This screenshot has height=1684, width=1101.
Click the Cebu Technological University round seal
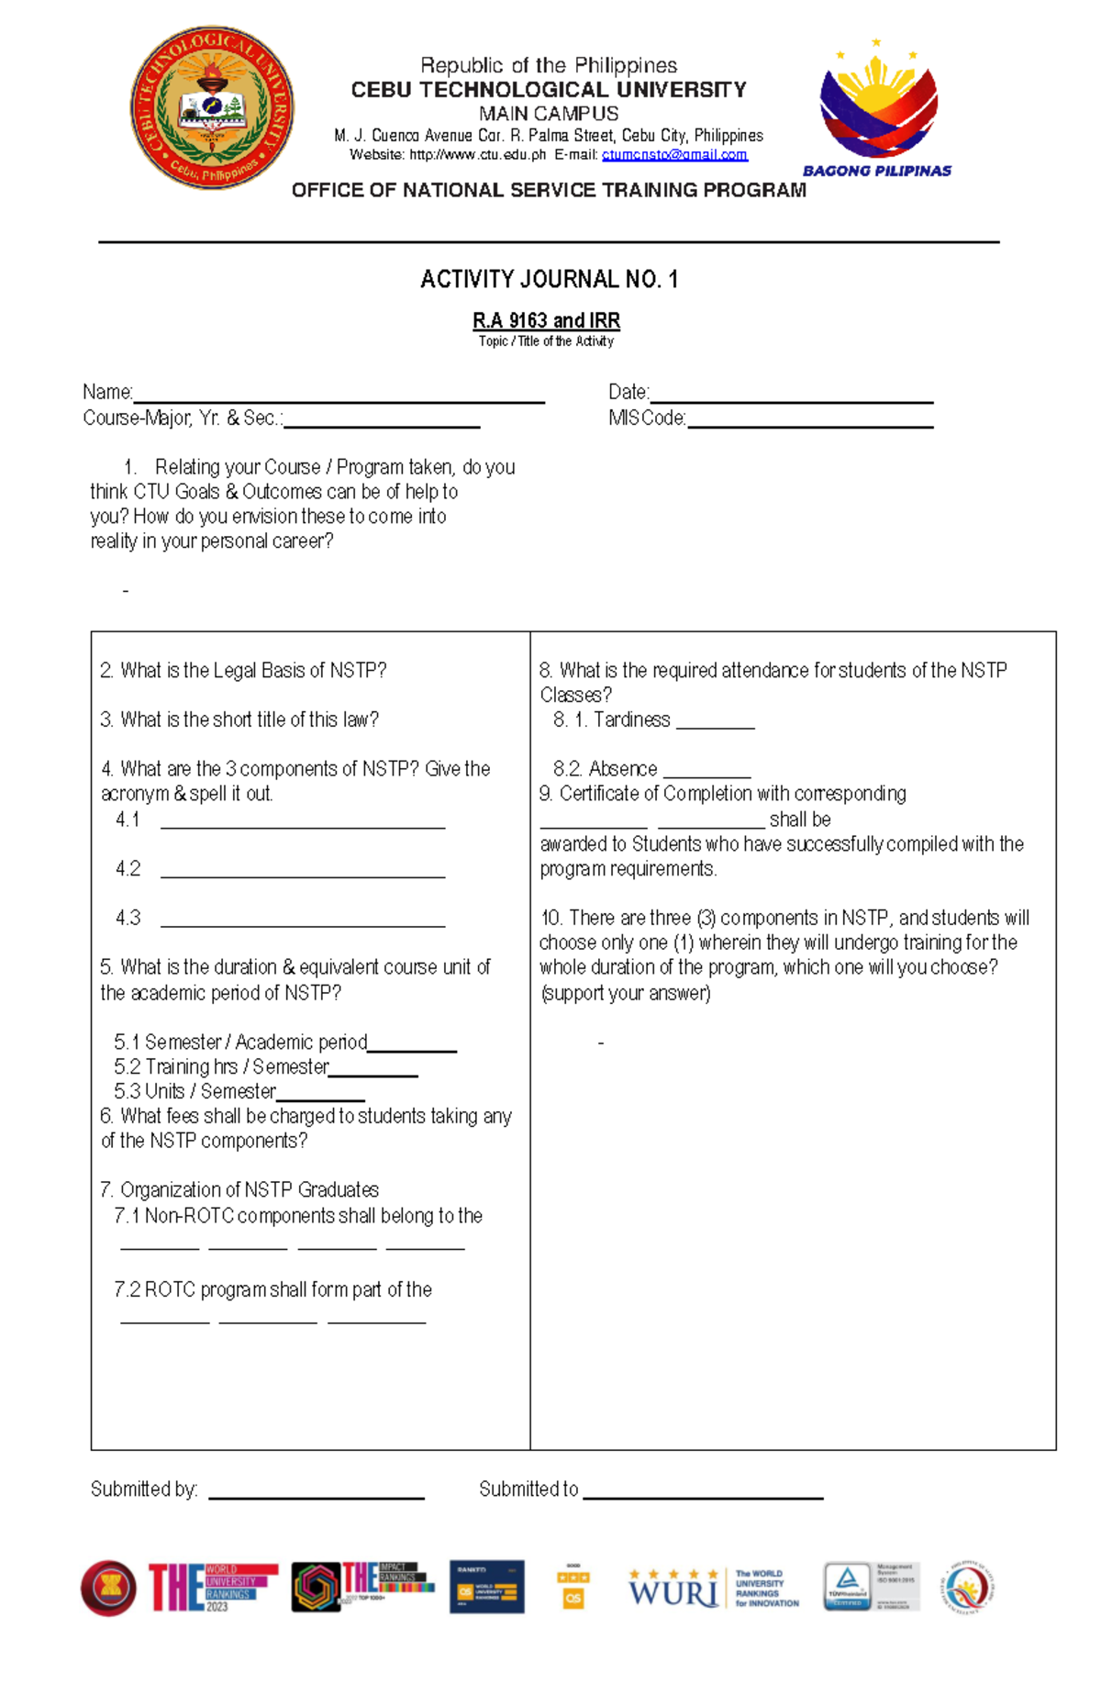coord(212,107)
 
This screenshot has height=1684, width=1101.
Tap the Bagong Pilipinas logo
coord(878,110)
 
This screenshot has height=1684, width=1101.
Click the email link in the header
coord(674,155)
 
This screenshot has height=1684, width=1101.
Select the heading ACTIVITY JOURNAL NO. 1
coord(549,279)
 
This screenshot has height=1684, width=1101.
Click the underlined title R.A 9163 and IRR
coord(546,320)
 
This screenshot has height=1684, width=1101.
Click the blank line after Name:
coord(339,396)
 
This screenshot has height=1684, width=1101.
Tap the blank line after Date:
coord(791,396)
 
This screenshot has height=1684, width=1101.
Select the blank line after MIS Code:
coord(809,422)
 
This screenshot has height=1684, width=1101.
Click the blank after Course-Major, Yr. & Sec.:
coord(382,422)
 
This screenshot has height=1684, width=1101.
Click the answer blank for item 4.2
coord(303,872)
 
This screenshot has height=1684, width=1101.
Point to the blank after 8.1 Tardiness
coord(715,723)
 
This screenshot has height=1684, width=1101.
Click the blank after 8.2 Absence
coord(706,773)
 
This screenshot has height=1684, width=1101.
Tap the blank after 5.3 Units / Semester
coord(320,1096)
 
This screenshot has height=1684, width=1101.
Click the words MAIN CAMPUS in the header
coord(549,114)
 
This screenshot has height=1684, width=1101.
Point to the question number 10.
coord(550,919)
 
